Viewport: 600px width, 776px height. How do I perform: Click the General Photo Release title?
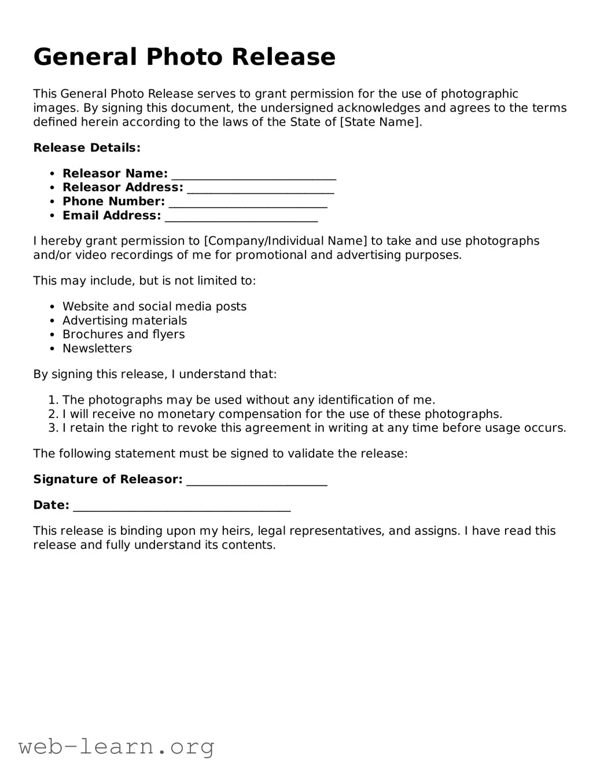[x=184, y=57]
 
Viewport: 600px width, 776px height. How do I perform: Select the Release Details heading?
[x=87, y=148]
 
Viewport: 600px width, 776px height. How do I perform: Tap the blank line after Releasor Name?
[x=253, y=175]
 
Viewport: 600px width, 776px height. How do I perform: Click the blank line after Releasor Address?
[x=260, y=189]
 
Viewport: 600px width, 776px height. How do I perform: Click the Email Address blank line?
[x=241, y=216]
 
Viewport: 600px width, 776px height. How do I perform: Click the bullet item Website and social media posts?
[x=154, y=306]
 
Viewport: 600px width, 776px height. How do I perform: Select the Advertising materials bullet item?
[x=124, y=320]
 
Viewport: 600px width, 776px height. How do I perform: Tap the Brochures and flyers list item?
[x=123, y=334]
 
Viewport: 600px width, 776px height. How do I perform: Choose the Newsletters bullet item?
[x=97, y=349]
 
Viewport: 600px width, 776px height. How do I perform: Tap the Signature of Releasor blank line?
[x=256, y=481]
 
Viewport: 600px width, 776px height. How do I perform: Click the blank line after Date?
[x=182, y=506]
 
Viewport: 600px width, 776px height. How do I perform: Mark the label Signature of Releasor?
[x=108, y=479]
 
